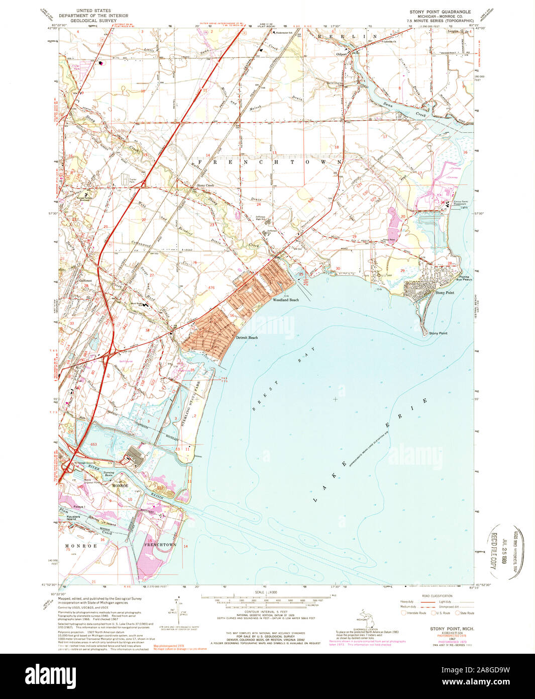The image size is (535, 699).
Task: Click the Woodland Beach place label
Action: [285, 300]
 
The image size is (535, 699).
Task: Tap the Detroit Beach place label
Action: [247, 337]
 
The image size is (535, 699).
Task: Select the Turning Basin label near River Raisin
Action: [109, 474]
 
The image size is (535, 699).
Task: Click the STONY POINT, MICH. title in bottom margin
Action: [452, 629]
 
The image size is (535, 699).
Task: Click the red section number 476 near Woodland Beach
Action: [211, 288]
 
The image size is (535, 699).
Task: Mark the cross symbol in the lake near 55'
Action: [335, 399]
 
